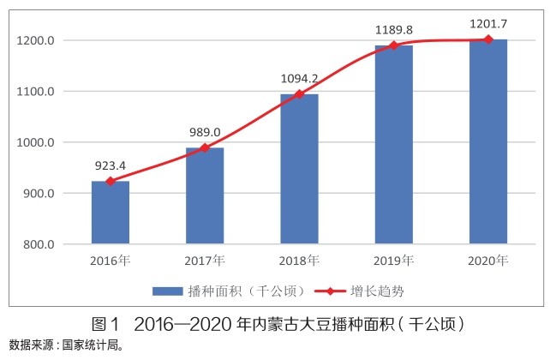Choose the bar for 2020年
[x=488, y=141]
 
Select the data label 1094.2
[x=299, y=78]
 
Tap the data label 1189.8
[x=393, y=29]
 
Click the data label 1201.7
[x=488, y=24]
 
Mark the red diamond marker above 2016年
[x=110, y=181]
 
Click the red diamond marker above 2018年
[x=299, y=94]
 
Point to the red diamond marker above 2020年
[x=488, y=39]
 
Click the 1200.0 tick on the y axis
[x=36, y=40]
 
